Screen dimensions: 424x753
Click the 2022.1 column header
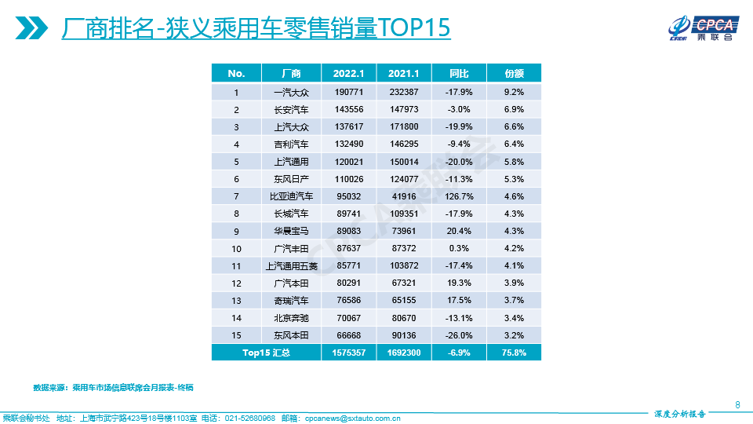tap(348, 73)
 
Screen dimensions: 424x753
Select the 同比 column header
tap(459, 73)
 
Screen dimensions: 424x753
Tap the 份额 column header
tap(514, 73)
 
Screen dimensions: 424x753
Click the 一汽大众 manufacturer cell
tap(290, 92)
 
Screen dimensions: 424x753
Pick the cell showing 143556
tap(348, 109)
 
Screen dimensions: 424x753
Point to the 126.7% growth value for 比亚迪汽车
tap(459, 196)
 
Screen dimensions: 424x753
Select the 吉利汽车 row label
tap(290, 144)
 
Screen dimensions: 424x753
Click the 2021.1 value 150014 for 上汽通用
tap(404, 161)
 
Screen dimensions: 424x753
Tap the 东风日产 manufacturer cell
tap(290, 178)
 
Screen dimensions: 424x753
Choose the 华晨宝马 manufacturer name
tap(290, 231)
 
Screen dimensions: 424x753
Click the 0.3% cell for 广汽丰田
tap(459, 248)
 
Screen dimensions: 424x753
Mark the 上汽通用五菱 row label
tap(290, 266)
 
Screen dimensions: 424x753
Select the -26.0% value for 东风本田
tap(459, 335)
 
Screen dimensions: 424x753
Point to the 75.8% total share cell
tap(514, 353)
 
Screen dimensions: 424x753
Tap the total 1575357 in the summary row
tap(348, 353)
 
